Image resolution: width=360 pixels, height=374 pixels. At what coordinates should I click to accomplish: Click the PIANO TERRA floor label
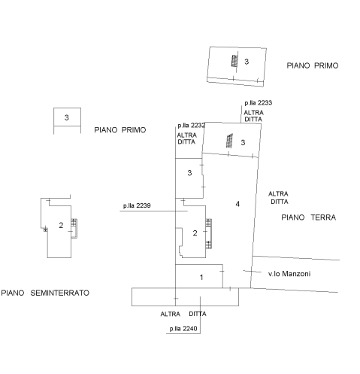click(308, 217)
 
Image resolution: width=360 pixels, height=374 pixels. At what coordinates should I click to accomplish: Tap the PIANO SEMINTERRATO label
click(45, 293)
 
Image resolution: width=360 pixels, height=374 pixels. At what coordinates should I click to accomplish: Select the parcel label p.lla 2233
click(259, 103)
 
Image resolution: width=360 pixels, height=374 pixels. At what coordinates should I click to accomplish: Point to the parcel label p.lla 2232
click(192, 126)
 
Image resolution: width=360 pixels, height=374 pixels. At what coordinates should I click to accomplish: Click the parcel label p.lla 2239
click(137, 205)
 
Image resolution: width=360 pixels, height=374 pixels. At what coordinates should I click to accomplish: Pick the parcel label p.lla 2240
click(183, 329)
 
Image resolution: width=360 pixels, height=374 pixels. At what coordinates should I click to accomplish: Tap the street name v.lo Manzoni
click(289, 274)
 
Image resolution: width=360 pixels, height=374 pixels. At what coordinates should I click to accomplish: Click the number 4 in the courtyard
click(237, 204)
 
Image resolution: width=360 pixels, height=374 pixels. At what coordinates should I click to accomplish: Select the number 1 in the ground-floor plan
click(201, 277)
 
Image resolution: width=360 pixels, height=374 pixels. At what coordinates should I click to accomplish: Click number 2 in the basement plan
click(61, 225)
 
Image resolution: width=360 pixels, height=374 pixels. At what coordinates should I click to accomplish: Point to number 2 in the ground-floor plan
click(195, 233)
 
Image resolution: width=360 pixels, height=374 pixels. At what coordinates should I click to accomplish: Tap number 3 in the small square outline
click(66, 117)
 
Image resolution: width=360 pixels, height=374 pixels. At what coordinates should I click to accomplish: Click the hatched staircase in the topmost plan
click(234, 61)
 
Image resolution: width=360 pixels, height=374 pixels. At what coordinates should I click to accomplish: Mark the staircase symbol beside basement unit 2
click(74, 228)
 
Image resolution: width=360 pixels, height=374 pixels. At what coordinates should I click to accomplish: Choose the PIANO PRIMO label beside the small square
click(120, 130)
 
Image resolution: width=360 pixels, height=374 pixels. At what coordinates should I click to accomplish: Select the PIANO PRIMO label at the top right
click(313, 65)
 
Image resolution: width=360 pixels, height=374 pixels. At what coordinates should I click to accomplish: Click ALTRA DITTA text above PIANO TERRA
click(278, 198)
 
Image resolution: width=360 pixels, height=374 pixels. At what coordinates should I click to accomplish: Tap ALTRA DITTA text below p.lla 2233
click(253, 116)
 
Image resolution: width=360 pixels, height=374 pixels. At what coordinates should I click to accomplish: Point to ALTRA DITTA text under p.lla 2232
click(186, 138)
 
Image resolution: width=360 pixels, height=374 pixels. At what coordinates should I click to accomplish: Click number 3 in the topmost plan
click(247, 62)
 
